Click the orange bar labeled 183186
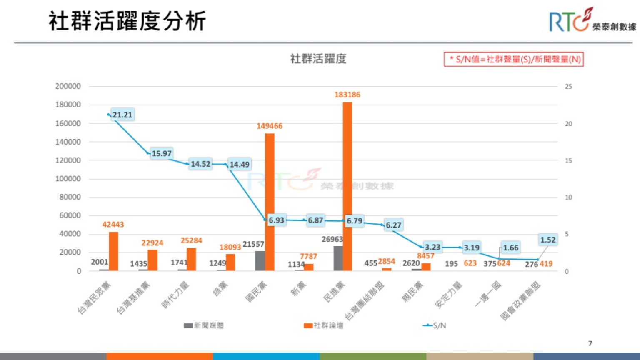(347, 186)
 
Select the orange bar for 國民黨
(270, 202)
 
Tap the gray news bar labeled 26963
(338, 258)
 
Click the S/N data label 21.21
(122, 115)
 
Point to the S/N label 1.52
(548, 240)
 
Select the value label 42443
(113, 225)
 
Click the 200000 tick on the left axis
(68, 86)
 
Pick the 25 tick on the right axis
(568, 87)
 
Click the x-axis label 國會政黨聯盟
(521, 300)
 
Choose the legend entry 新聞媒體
(204, 325)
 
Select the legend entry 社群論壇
(324, 325)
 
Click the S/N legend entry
(435, 325)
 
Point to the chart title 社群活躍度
(318, 59)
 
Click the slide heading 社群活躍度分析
(127, 21)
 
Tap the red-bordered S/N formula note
(514, 60)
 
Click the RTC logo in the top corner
(592, 20)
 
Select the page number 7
(590, 343)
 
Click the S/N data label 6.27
(393, 225)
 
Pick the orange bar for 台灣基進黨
(152, 260)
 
